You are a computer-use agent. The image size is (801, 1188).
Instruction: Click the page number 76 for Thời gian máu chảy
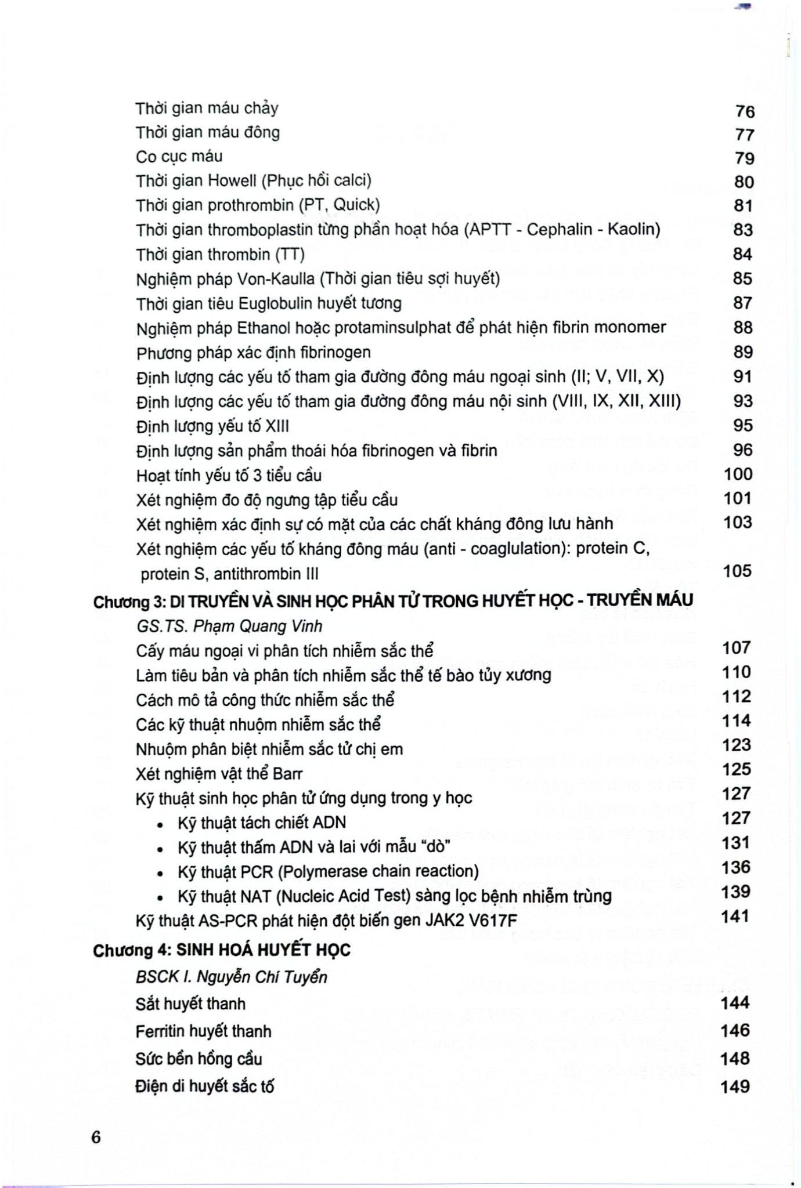click(744, 111)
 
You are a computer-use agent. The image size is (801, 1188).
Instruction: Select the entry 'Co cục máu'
click(179, 157)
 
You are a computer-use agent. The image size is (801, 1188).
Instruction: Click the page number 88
click(743, 327)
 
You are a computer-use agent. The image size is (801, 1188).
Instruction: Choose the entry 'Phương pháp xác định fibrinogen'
click(253, 353)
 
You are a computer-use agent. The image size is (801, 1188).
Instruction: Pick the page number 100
click(738, 474)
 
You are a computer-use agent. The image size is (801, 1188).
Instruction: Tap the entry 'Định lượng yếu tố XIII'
click(212, 426)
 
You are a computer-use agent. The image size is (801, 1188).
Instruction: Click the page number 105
click(738, 571)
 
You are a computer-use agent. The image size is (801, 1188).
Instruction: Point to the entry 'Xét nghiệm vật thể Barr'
click(219, 774)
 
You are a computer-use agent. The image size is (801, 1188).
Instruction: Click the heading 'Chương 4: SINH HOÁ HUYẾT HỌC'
click(222, 950)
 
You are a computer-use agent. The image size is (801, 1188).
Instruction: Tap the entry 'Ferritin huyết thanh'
click(203, 1031)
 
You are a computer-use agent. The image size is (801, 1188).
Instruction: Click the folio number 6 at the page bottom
click(96, 1137)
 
